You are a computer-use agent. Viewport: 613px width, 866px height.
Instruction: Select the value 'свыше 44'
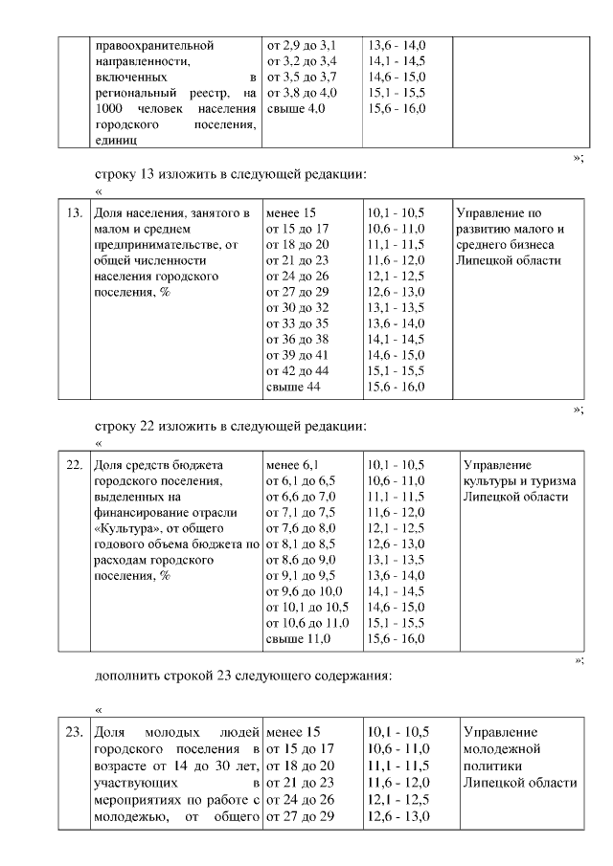[295, 387]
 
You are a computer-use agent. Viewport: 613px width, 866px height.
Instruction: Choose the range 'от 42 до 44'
[298, 370]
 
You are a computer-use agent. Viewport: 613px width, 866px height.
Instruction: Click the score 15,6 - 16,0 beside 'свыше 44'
[397, 387]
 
